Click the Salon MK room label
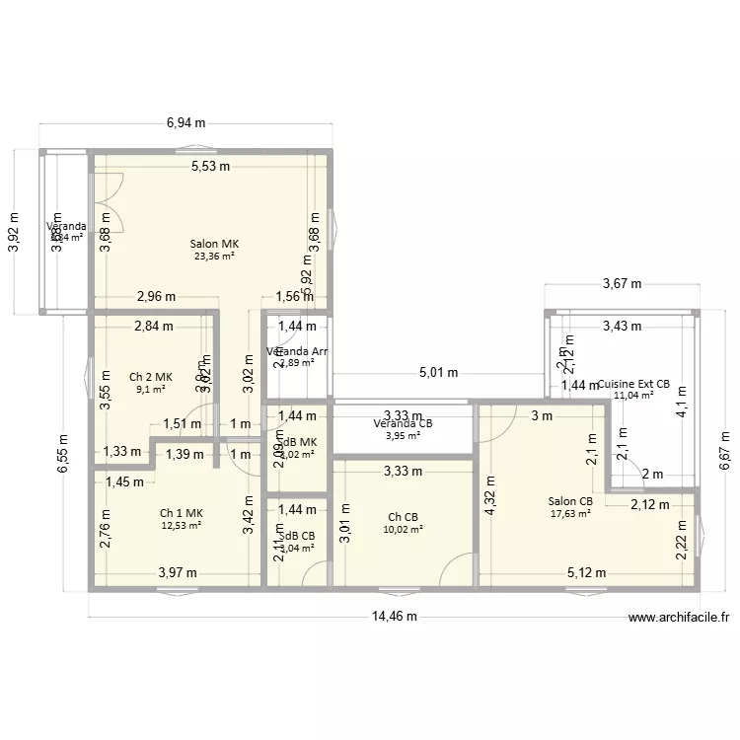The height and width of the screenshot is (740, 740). [x=215, y=244]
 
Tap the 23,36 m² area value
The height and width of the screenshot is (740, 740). [x=215, y=257]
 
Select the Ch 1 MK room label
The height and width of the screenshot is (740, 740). [x=181, y=512]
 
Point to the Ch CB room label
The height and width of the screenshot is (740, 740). [x=403, y=517]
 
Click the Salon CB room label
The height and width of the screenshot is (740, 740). [x=571, y=501]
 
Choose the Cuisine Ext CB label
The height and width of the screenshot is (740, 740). [x=633, y=384]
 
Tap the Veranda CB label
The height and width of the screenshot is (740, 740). [x=403, y=424]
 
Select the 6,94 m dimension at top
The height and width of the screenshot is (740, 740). [x=185, y=123]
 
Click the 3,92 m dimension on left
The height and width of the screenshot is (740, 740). [x=14, y=233]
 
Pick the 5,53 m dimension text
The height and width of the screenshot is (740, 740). [x=210, y=167]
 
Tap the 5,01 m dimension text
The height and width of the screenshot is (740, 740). [x=439, y=373]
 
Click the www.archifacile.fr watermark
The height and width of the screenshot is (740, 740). [x=679, y=619]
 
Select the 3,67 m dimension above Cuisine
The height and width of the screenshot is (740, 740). [x=622, y=284]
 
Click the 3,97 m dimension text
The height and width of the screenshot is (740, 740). [x=179, y=572]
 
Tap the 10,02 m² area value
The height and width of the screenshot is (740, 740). [x=403, y=530]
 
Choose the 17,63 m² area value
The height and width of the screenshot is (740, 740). [x=571, y=513]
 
